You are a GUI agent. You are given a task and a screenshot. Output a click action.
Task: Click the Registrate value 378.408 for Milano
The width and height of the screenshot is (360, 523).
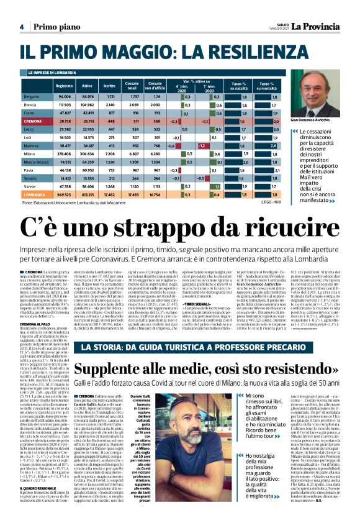point(64,153)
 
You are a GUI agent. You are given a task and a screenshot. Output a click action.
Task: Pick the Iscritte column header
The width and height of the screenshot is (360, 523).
point(110,85)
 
